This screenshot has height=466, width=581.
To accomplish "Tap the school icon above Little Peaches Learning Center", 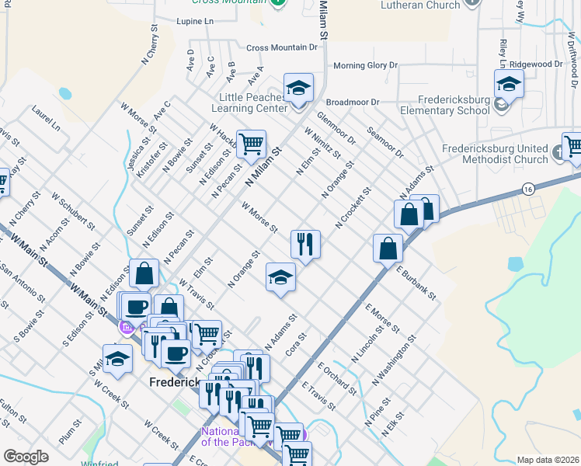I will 297,89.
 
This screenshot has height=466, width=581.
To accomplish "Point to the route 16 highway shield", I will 528,189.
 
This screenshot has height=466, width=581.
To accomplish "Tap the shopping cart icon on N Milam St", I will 251,144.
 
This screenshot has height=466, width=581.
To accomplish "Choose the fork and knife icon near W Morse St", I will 305,245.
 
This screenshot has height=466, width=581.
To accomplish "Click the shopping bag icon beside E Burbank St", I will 388,249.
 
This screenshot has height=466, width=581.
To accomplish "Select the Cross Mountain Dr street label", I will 283,47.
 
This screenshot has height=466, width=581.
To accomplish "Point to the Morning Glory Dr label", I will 365,66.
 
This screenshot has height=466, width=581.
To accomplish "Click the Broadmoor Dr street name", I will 353,102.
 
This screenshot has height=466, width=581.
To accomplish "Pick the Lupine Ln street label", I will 196,22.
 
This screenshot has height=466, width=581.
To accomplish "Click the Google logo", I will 26,457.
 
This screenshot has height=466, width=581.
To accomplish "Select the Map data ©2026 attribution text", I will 547,460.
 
